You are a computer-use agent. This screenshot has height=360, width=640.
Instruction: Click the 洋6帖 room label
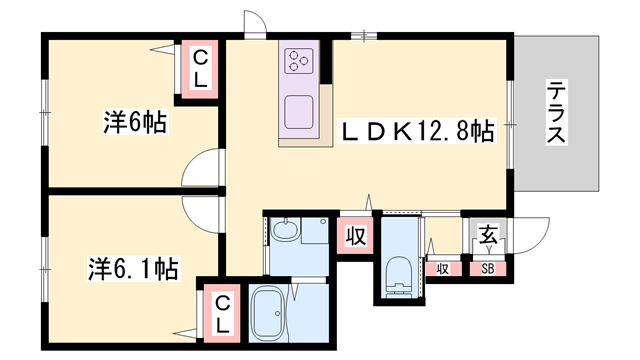[134, 123]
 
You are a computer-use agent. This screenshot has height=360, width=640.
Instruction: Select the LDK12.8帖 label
[417, 131]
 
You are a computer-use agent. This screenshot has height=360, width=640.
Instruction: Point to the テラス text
[557, 113]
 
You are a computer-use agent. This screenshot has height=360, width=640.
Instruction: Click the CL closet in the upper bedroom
[201, 69]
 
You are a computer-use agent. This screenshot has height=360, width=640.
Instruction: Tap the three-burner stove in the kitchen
[300, 62]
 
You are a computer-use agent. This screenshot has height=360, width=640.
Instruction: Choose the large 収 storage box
[355, 236]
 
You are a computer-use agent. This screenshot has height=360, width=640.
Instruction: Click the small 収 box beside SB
[442, 268]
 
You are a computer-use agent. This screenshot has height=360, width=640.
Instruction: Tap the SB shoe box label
[488, 268]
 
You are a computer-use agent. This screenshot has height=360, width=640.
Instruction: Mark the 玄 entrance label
[487, 237]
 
